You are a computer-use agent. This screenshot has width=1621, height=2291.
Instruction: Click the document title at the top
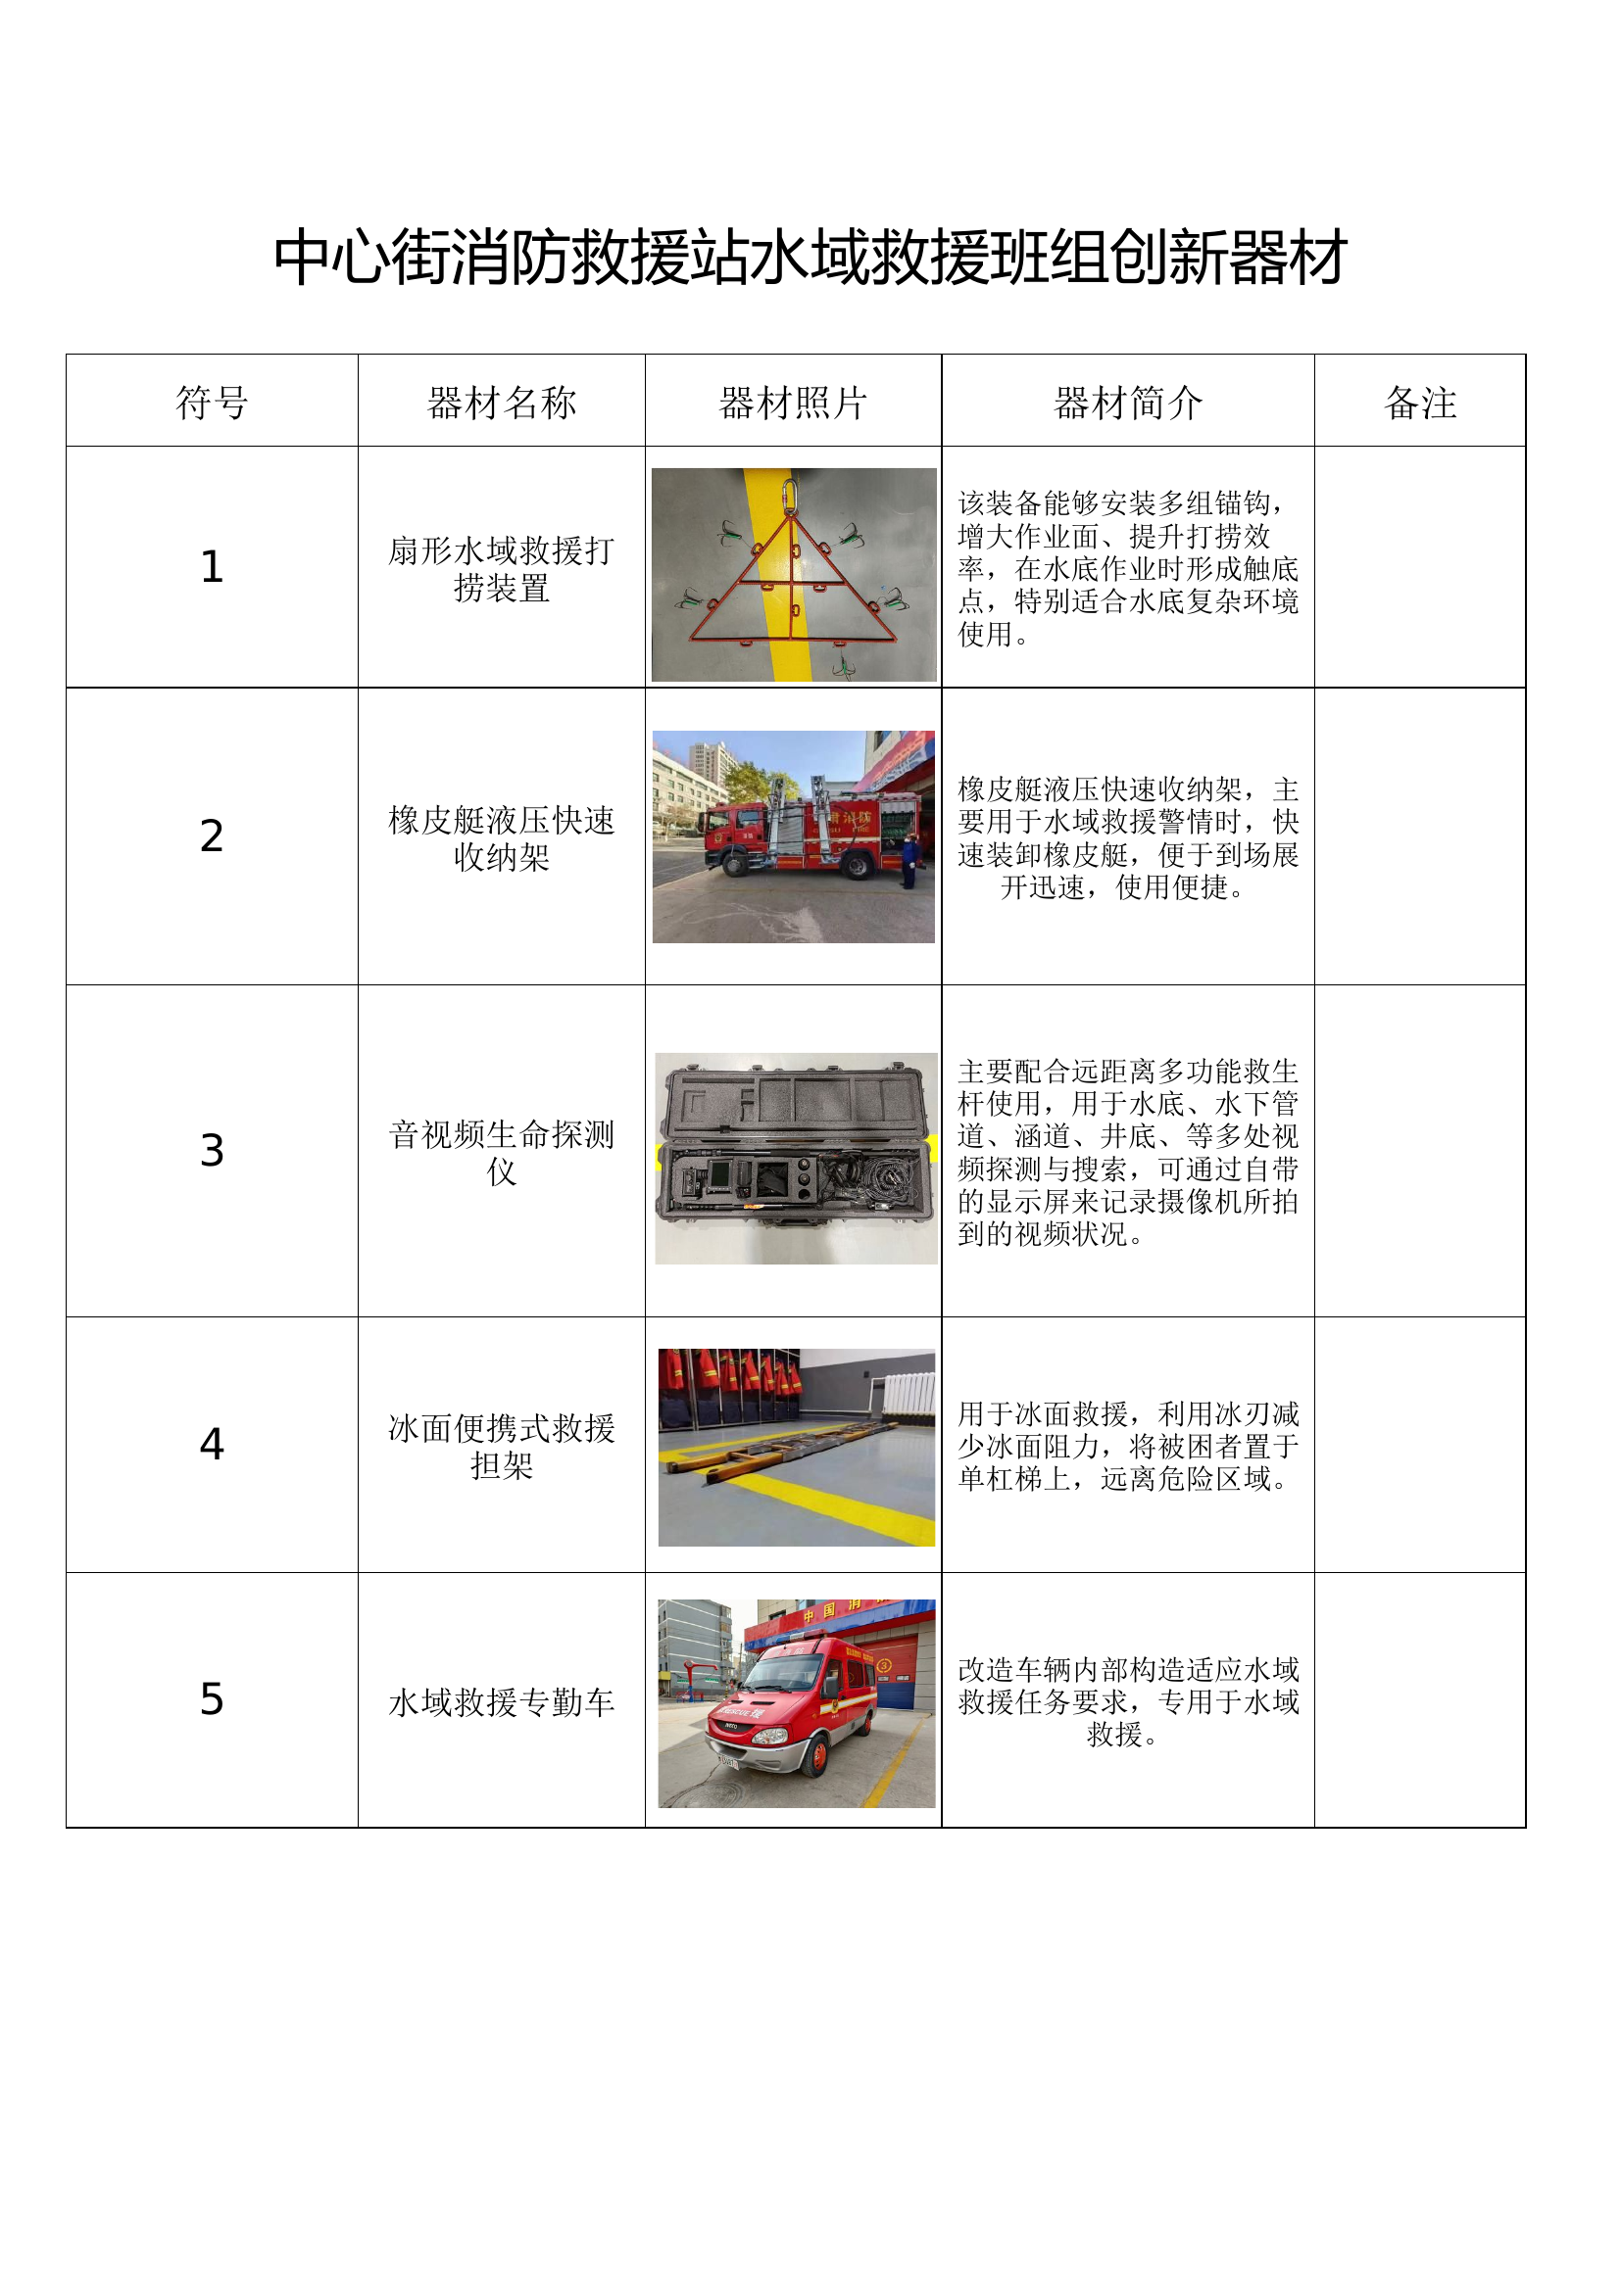tap(810, 258)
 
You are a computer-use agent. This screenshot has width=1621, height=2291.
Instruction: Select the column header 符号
tap(212, 404)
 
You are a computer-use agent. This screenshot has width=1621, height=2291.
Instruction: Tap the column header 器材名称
tap(501, 404)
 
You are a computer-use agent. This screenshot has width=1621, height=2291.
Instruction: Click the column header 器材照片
tap(794, 404)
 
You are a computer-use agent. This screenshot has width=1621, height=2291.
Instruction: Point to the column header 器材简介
tap(1128, 404)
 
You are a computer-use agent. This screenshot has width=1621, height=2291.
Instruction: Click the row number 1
tap(212, 567)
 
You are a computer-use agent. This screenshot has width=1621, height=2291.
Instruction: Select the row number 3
tap(212, 1150)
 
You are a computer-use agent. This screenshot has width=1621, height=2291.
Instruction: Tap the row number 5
tap(212, 1698)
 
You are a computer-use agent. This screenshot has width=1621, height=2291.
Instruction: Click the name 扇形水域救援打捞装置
tap(501, 569)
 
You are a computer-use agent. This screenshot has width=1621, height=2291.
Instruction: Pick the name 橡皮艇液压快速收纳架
tap(501, 838)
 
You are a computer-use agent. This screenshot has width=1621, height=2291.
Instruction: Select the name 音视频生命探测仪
tap(501, 1153)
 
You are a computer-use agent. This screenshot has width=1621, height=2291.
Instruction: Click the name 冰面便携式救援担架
tap(501, 1447)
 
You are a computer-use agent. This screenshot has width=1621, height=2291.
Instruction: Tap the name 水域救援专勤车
tap(501, 1701)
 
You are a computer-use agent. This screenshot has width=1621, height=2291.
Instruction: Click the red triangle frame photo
tap(794, 575)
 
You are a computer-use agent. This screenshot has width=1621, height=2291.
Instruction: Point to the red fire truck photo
tap(794, 836)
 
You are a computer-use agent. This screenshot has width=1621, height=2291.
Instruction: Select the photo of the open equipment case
tap(796, 1159)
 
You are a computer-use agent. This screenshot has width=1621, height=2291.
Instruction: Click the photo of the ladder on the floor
tap(797, 1448)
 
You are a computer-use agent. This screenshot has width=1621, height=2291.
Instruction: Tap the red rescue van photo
tap(797, 1703)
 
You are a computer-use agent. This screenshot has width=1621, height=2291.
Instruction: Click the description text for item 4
tap(1128, 1446)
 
